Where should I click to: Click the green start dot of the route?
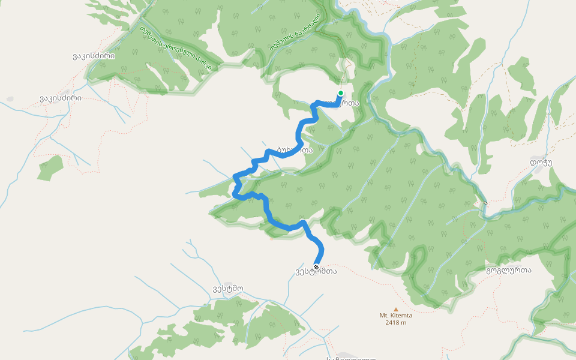point(340,93)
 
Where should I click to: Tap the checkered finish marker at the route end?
point(316,267)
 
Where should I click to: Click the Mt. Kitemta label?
point(395,316)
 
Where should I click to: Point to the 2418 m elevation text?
point(395,323)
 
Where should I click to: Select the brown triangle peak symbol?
point(395,309)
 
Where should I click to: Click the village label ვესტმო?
point(227,288)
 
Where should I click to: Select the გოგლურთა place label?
point(508,271)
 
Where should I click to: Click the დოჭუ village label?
point(541,162)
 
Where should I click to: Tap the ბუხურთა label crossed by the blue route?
point(295,150)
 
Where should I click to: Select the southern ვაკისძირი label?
point(61,98)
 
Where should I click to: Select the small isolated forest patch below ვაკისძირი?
point(50,167)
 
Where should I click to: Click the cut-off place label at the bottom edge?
point(351,357)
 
